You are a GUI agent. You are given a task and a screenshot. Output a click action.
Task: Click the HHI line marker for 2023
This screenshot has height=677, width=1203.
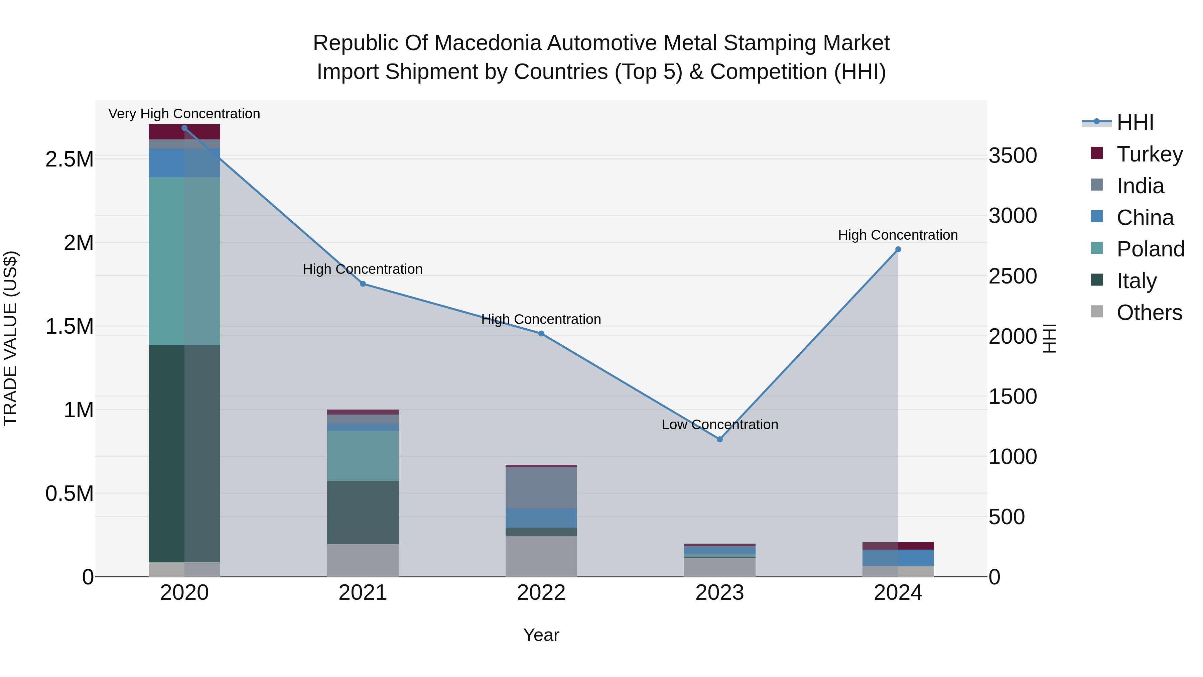[720, 439]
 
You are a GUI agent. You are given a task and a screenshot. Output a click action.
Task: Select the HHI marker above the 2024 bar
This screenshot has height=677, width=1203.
[898, 249]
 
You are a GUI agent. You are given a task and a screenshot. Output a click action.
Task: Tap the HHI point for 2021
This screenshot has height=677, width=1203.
[363, 284]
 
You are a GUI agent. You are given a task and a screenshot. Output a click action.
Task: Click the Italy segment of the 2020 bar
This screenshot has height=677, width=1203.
[184, 453]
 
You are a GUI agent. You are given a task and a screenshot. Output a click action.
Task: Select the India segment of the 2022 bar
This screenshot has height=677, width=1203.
[541, 487]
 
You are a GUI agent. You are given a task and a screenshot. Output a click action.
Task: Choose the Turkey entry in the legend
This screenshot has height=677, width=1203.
[1149, 154]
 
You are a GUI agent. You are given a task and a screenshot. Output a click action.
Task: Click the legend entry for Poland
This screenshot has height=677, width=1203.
[1150, 249]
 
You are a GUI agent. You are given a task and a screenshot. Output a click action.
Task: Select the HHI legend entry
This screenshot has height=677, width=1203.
[1135, 122]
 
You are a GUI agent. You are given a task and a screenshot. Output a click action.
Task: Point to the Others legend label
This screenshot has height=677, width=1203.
[1149, 313]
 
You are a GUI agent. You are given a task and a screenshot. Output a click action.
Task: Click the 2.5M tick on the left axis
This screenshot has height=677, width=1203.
[70, 159]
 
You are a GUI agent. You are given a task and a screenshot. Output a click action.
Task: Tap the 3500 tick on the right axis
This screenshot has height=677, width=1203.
[1013, 155]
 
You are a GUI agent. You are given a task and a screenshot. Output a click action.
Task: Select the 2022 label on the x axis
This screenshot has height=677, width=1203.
[541, 593]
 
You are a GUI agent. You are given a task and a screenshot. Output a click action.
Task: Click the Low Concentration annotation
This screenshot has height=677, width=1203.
[720, 425]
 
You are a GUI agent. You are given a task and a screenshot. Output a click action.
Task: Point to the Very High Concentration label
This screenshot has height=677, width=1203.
[184, 114]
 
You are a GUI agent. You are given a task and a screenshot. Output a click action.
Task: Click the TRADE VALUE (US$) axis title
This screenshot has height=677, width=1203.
[10, 338]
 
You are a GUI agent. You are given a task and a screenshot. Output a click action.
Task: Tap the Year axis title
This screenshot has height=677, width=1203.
[541, 635]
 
